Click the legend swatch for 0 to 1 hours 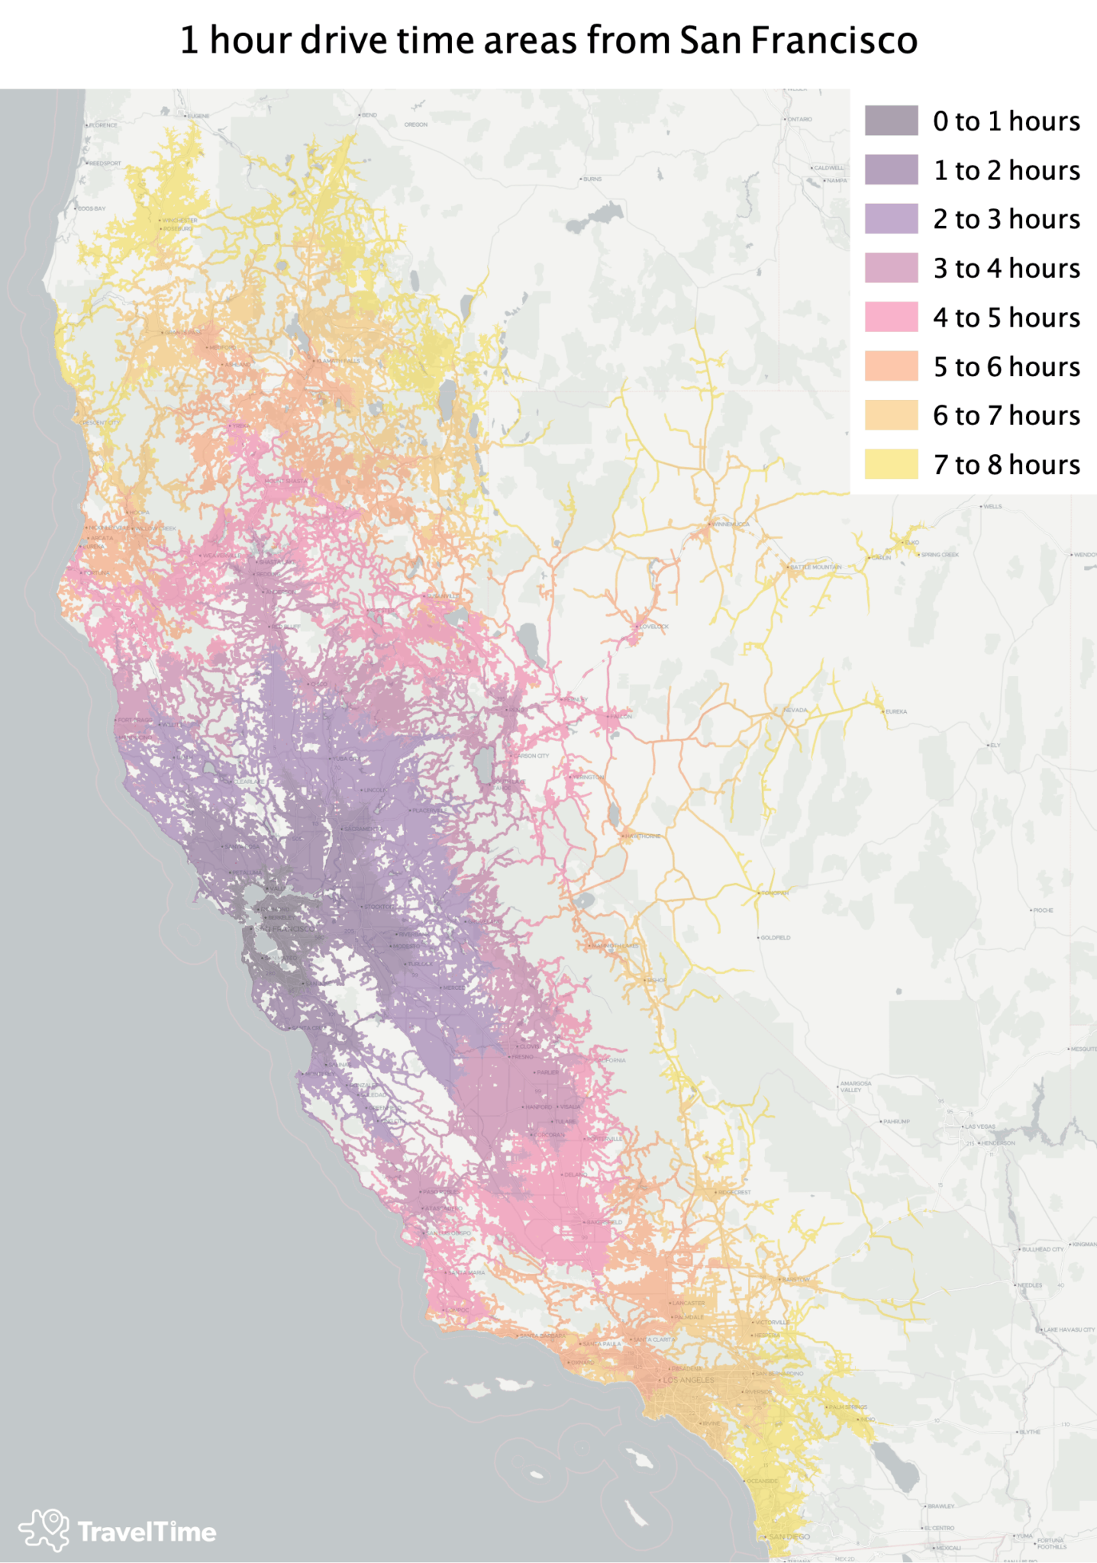891,121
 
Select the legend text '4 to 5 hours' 1006,317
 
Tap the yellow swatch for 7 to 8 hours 891,464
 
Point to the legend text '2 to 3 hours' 1006,219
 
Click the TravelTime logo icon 44,1529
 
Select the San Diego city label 789,1536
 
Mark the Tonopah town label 774,892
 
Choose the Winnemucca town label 731,524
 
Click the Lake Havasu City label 1069,1329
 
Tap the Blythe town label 1030,1432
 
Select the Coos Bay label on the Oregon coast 91,208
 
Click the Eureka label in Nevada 895,711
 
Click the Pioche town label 1043,910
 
